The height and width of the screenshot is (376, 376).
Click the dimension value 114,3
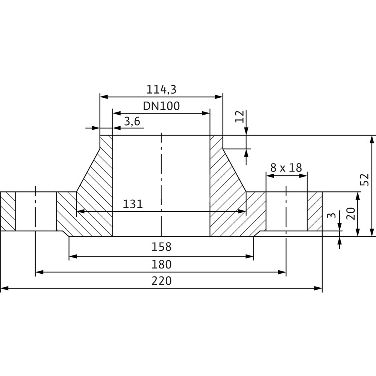pyautogui.click(x=161, y=89)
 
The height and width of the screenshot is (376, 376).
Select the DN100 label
pyautogui.click(x=161, y=106)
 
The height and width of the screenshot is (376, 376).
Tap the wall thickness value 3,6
pyautogui.click(x=132, y=121)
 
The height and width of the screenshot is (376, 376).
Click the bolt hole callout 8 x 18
pyautogui.click(x=286, y=168)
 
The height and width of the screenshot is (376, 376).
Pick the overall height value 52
pyautogui.click(x=364, y=180)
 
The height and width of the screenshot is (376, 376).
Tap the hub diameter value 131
pyautogui.click(x=133, y=204)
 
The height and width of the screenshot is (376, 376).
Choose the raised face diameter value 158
pyautogui.click(x=161, y=247)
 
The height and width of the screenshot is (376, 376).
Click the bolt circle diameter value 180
pyautogui.click(x=161, y=264)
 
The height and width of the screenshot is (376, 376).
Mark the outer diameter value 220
pyautogui.click(x=161, y=281)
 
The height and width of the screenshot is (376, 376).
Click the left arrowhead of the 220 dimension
pyautogui.click(x=4, y=288)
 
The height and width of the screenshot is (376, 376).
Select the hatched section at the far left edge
pyautogui.click(x=8, y=211)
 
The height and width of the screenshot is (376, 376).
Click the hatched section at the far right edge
pyautogui.click(x=314, y=211)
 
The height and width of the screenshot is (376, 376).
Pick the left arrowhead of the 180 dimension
pyautogui.click(x=39, y=272)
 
